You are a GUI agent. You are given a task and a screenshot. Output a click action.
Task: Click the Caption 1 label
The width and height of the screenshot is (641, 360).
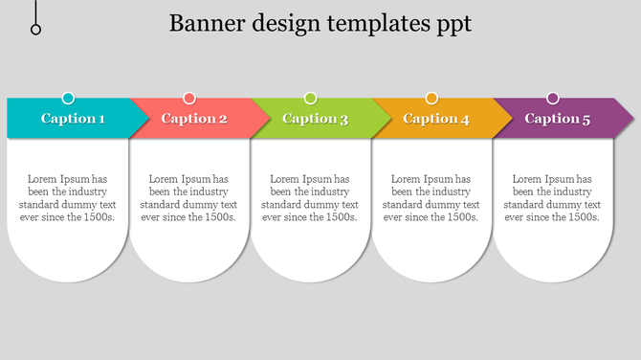pyautogui.click(x=73, y=119)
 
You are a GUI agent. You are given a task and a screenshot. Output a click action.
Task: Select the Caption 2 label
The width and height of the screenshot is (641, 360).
pyautogui.click(x=194, y=119)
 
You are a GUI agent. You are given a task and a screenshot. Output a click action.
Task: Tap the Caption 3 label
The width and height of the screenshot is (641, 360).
pyautogui.click(x=315, y=119)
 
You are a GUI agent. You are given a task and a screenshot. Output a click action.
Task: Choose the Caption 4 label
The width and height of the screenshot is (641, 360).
pyautogui.click(x=436, y=119)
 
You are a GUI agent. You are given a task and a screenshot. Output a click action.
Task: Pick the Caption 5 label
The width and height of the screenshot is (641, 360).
pyautogui.click(x=558, y=119)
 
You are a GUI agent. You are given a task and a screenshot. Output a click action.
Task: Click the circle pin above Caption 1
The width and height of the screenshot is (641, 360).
pyautogui.click(x=68, y=98)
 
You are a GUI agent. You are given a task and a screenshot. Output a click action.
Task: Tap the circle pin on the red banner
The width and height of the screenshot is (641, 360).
pyautogui.click(x=189, y=98)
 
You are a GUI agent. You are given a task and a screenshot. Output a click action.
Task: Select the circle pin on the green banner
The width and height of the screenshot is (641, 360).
pyautogui.click(x=311, y=98)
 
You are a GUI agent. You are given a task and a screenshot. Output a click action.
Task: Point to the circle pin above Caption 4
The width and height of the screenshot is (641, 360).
pyautogui.click(x=431, y=98)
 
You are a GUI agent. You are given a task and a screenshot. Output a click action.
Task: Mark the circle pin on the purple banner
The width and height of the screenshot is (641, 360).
pyautogui.click(x=553, y=98)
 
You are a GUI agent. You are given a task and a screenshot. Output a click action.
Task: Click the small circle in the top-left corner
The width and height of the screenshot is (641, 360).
pyautogui.click(x=36, y=30)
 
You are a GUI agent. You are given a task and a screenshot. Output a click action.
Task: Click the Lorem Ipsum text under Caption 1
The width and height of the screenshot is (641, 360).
pyautogui.click(x=67, y=198)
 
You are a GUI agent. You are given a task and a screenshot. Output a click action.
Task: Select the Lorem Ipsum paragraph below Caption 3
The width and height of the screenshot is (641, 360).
pyautogui.click(x=310, y=198)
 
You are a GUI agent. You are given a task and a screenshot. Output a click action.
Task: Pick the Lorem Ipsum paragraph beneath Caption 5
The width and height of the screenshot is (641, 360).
pyautogui.click(x=552, y=198)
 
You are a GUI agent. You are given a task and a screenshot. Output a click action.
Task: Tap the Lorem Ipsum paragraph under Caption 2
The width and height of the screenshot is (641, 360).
pyautogui.click(x=188, y=198)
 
